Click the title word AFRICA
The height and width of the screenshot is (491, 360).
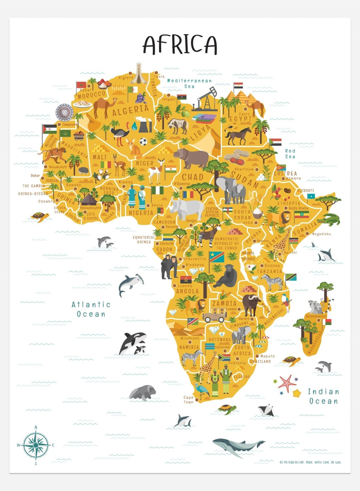click(180, 45)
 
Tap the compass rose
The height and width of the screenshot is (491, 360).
click(36, 445)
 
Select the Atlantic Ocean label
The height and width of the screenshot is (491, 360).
click(91, 309)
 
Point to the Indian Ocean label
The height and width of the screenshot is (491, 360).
click(323, 396)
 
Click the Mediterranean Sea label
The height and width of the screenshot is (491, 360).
click(189, 83)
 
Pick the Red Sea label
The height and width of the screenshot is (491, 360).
click(290, 154)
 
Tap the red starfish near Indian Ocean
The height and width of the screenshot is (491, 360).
click(287, 383)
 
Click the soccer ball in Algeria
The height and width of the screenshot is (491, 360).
click(143, 142)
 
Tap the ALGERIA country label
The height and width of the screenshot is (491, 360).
click(130, 111)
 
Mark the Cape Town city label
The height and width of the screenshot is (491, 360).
click(188, 400)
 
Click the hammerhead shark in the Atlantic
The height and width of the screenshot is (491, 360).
click(131, 283)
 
